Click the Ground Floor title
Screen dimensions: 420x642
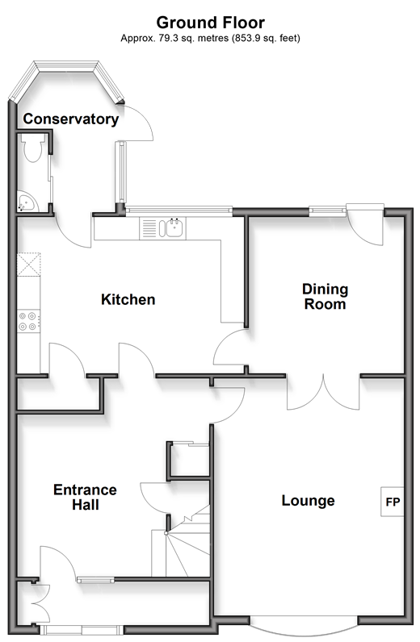tap(211, 22)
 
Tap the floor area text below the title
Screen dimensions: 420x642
tap(211, 39)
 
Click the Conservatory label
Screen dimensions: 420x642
tap(71, 119)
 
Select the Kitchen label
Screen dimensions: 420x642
tap(128, 299)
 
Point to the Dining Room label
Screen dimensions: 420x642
tap(325, 297)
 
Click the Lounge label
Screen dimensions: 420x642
tap(308, 500)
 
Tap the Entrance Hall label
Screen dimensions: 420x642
tap(85, 497)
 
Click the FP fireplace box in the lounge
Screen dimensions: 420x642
tap(393, 502)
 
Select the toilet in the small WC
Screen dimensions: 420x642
tap(33, 148)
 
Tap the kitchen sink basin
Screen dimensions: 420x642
tap(174, 227)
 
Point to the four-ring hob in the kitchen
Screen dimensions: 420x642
tap(29, 321)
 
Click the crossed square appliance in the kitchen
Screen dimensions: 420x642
tap(29, 265)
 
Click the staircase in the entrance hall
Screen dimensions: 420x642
tap(181, 541)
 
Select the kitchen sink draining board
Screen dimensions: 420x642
tap(149, 228)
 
